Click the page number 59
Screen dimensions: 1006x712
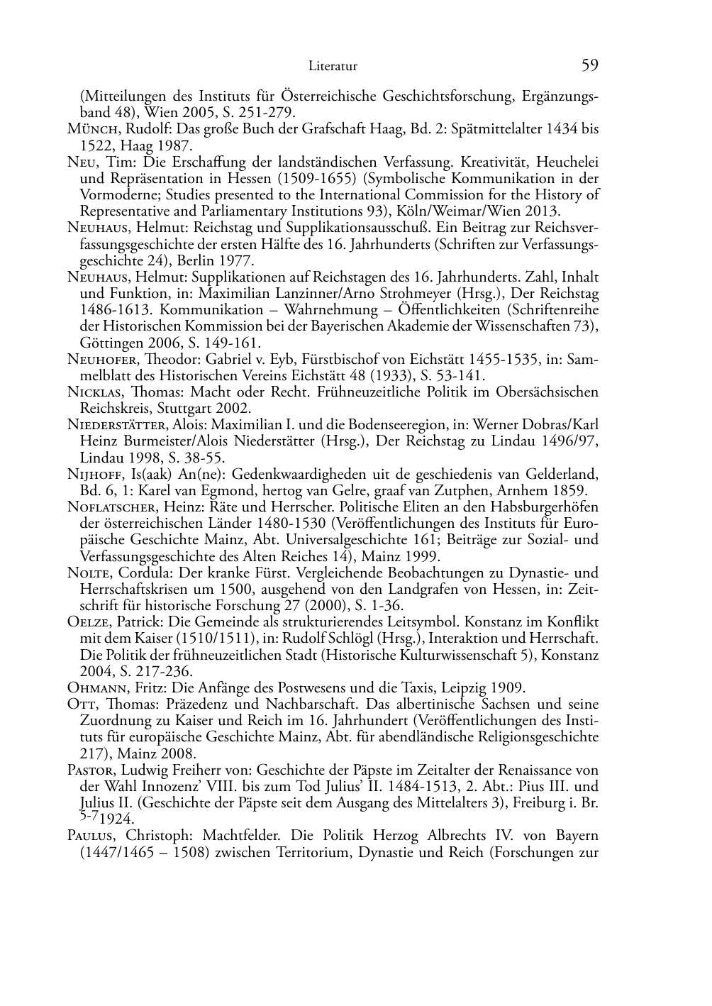pos(590,66)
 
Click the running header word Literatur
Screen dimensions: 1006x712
pos(333,67)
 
